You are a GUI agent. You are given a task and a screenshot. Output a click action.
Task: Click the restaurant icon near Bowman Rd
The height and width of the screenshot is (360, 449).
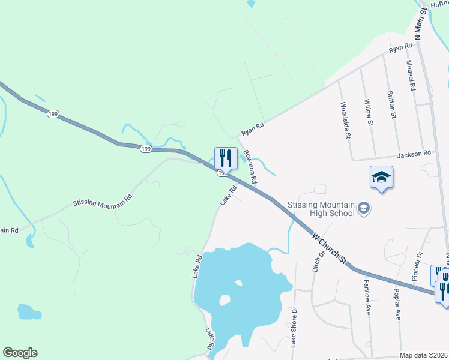pos(226,158)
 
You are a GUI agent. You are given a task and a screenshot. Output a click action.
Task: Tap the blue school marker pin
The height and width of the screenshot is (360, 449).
pos(381,177)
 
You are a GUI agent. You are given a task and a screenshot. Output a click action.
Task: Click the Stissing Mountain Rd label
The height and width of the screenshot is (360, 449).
pos(102,203)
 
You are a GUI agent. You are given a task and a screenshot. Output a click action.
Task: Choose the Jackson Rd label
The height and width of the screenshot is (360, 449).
pos(418,154)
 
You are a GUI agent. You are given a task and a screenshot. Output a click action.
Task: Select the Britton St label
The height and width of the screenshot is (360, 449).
pos(391,104)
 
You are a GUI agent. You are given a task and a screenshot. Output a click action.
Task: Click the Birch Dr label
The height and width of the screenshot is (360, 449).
pos(318,261)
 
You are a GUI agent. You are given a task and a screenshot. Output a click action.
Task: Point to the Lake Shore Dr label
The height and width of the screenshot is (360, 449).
pos(294,327)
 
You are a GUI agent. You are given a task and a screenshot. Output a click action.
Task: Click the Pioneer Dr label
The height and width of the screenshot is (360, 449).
pos(418,266)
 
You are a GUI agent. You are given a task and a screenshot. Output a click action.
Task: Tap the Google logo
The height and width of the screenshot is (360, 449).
pos(20,353)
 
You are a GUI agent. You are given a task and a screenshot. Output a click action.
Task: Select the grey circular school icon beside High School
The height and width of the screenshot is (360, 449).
pos(363,208)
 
